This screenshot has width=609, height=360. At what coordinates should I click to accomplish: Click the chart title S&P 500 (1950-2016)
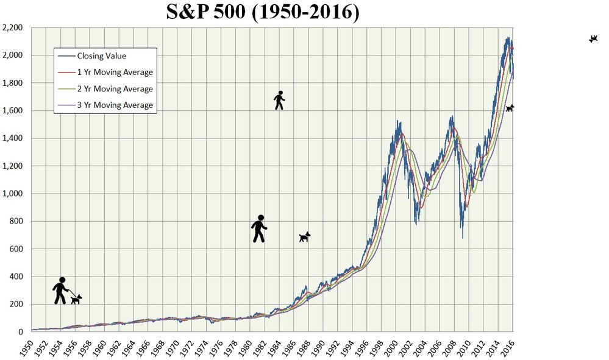[x=263, y=12]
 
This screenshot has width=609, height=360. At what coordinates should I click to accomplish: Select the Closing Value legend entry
[x=101, y=56]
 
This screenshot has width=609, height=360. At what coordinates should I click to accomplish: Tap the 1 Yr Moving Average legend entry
[x=115, y=72]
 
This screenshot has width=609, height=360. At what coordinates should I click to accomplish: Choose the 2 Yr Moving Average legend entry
[x=115, y=89]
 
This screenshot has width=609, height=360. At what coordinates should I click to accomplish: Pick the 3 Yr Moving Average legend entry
[x=115, y=105]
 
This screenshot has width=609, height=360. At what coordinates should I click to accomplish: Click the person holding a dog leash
[x=60, y=291]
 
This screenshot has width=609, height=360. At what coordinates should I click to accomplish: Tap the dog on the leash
[x=76, y=298]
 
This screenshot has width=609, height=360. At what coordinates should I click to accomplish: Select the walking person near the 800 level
[x=259, y=228]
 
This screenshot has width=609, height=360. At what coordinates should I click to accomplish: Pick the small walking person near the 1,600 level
[x=279, y=100]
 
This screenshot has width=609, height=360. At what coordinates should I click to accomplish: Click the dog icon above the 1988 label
[x=305, y=236]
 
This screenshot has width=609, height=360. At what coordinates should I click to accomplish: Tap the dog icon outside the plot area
[x=593, y=39]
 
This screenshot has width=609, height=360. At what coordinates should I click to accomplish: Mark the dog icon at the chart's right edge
[x=510, y=108]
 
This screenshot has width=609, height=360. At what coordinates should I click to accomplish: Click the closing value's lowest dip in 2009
[x=462, y=236]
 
